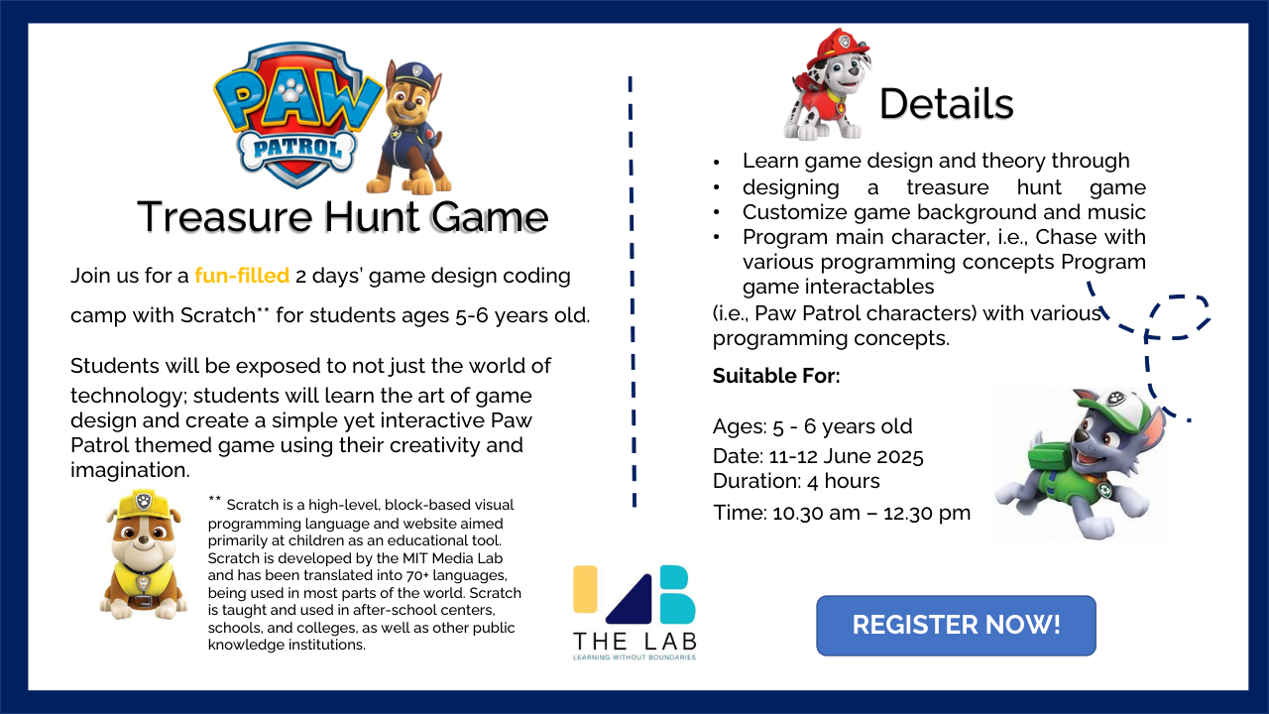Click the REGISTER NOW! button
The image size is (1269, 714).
956,625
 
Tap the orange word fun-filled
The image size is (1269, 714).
242,276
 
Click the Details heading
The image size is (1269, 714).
946,104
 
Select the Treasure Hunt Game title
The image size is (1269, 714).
343,216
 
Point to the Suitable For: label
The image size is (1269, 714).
776,376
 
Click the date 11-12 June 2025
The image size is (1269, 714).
847,456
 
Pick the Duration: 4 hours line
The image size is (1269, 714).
796,481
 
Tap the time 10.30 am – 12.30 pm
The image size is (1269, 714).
871,513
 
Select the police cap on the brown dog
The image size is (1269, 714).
417,73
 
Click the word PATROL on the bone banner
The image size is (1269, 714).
296,149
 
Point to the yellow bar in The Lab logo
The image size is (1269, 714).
585,589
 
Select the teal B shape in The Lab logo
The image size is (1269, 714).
677,594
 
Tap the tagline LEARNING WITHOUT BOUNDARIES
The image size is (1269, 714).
634,657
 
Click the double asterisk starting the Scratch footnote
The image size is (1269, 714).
215,499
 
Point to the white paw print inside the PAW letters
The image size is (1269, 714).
291,89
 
